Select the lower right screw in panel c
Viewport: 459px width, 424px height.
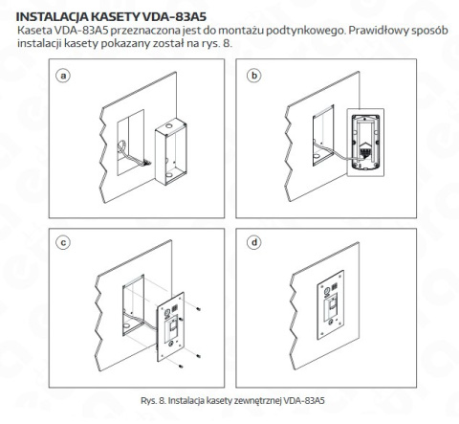(x=196, y=356)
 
